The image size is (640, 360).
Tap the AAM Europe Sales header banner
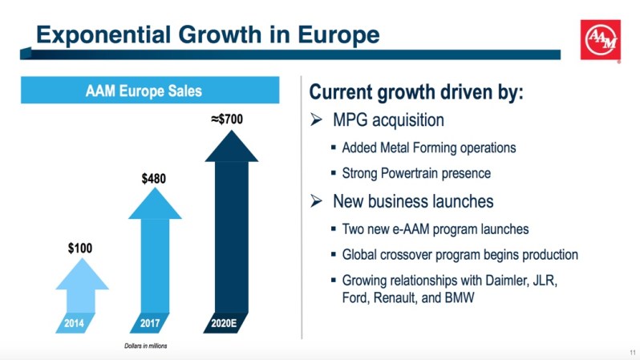[144, 90]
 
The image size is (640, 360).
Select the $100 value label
[79, 249]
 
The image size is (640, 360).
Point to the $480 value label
[154, 178]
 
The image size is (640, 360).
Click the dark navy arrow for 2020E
[231, 224]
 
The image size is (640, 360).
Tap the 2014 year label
[74, 324]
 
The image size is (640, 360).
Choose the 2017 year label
[149, 324]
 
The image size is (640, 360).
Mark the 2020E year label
[225, 324]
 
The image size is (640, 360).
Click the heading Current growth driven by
[415, 91]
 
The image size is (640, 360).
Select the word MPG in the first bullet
[350, 121]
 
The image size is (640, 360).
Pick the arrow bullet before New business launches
[316, 201]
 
